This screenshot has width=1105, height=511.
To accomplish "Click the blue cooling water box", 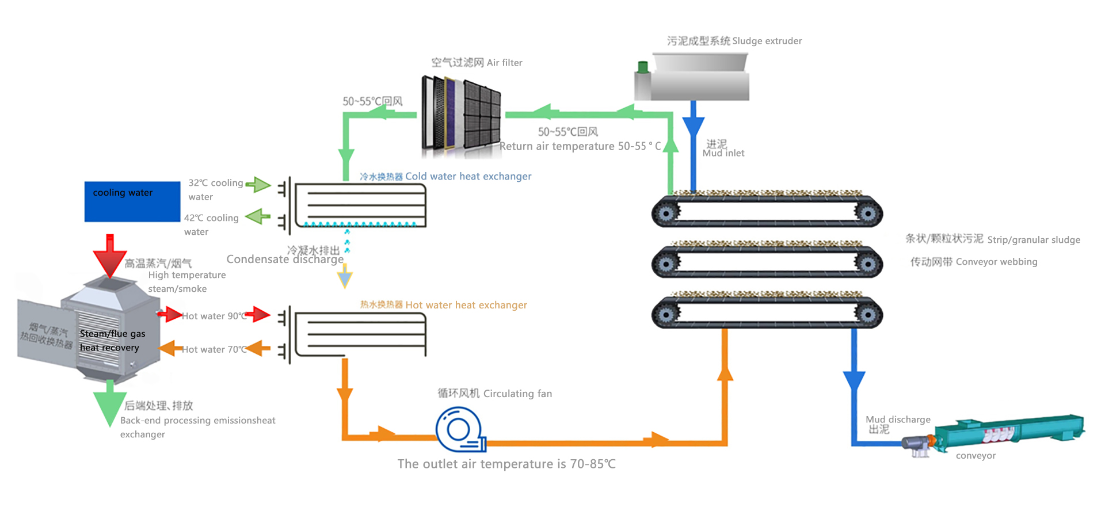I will [132, 201].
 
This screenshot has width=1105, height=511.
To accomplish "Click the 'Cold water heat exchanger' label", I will [445, 176].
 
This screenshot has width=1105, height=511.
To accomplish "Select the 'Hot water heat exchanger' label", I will [444, 305].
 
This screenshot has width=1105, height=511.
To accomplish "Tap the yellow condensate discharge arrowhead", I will [345, 279].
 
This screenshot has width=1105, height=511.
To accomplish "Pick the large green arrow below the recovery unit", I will [109, 402].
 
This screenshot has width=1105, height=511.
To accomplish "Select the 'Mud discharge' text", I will [898, 420].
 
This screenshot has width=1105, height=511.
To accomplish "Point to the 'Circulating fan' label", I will [494, 394].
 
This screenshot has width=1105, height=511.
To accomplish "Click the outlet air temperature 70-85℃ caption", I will [506, 464].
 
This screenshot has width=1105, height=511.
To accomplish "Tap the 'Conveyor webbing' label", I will [974, 262].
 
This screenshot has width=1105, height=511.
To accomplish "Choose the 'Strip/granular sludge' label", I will [993, 239].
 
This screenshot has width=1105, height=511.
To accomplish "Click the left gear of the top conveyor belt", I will [666, 213].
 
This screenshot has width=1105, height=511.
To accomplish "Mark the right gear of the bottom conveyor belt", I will [868, 314].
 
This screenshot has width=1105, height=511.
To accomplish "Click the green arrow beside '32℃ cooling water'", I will [258, 185].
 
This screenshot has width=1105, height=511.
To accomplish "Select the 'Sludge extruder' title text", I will [734, 41].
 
